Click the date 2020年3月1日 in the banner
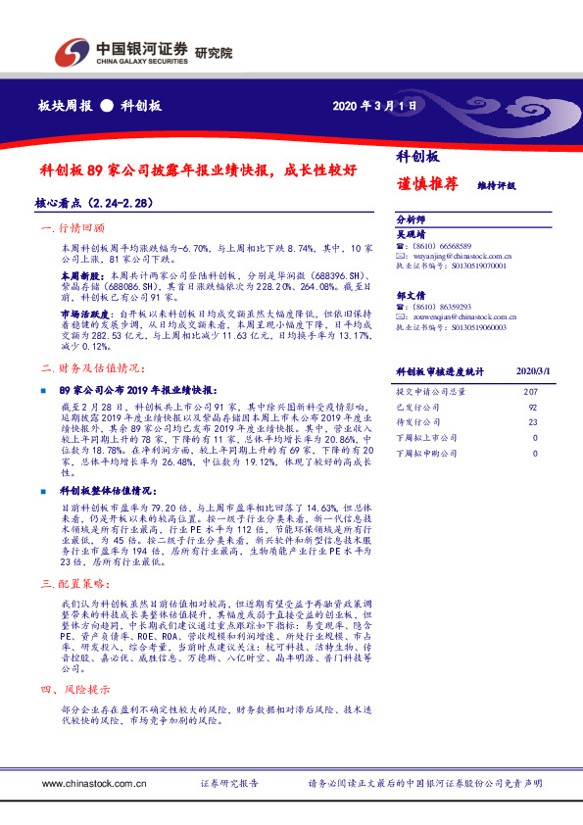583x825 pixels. tap(375, 106)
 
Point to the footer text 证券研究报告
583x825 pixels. tap(229, 784)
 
